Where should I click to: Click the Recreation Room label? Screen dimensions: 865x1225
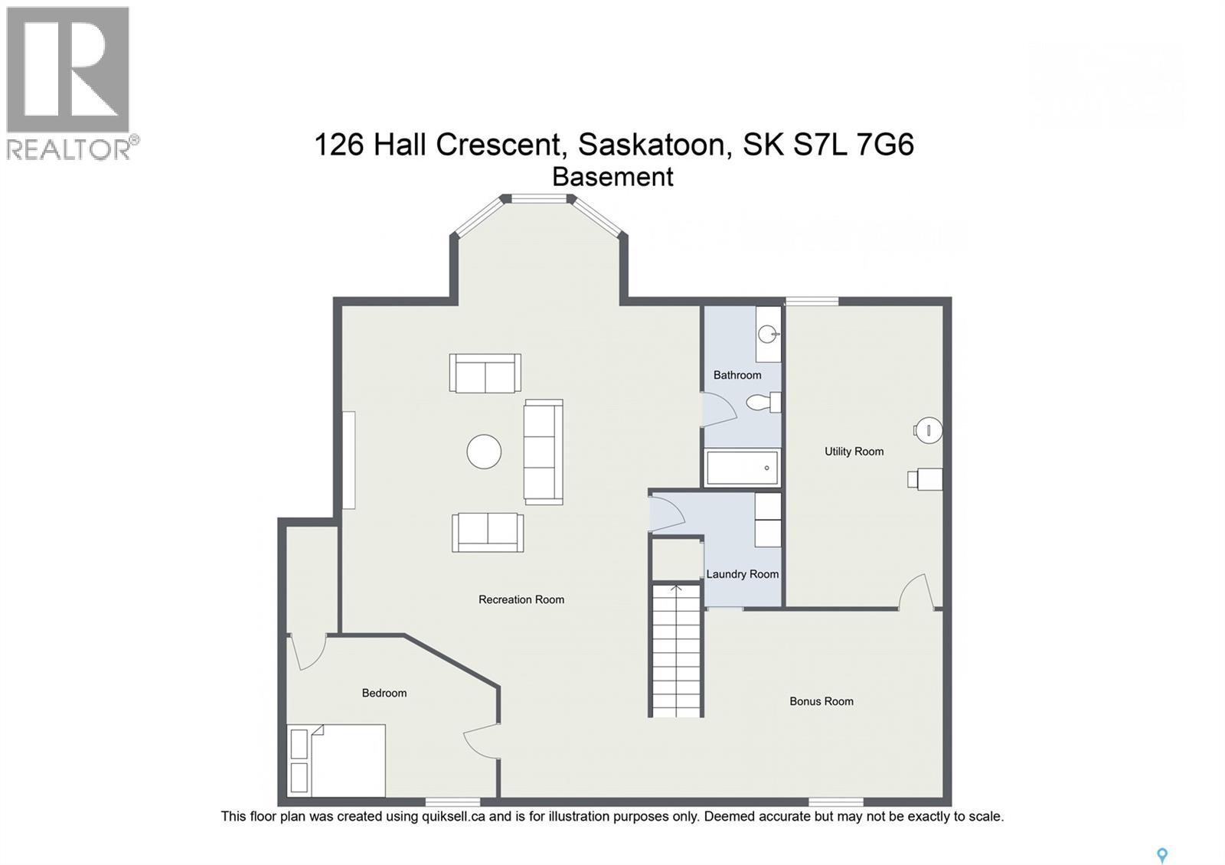[521, 599]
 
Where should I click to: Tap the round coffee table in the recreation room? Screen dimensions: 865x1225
[484, 452]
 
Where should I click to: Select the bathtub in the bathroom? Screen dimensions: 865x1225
[742, 468]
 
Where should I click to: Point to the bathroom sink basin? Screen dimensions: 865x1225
[767, 334]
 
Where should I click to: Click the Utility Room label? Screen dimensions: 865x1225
[854, 452]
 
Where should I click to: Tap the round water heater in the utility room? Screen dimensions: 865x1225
[929, 430]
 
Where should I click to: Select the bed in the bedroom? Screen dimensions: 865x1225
[336, 760]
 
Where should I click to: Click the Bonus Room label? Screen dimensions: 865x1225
[821, 701]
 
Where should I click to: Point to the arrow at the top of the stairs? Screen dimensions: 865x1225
[676, 589]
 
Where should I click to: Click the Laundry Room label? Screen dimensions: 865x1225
[742, 574]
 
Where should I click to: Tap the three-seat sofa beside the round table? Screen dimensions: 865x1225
[543, 452]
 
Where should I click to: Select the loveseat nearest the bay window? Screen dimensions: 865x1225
[485, 373]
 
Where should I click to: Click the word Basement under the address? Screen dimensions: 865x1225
[612, 177]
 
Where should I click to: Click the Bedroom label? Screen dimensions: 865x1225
[384, 693]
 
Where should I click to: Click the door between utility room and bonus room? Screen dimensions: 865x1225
[916, 593]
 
